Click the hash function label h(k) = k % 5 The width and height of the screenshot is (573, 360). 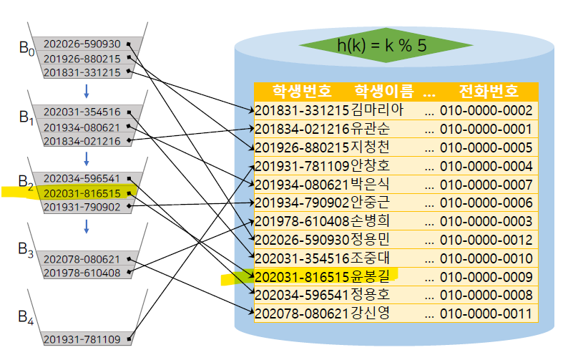coord(381,45)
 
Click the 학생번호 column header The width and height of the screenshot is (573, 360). coord(302,92)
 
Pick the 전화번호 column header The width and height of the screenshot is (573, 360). coord(488,92)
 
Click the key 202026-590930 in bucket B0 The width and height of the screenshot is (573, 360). coord(82,44)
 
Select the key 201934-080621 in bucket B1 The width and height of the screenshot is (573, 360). coord(82,127)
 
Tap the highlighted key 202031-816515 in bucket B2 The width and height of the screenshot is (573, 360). coord(82,193)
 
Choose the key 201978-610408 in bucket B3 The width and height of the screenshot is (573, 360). coord(82,273)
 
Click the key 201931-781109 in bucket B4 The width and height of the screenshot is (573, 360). coord(82,339)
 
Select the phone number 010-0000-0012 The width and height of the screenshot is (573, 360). coord(486,238)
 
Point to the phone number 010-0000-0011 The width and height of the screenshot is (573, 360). coord(486,313)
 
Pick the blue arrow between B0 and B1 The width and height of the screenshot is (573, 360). coord(87,91)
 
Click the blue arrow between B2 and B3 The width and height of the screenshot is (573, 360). coord(87,226)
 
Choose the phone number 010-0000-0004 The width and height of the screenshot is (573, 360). coord(486,166)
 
